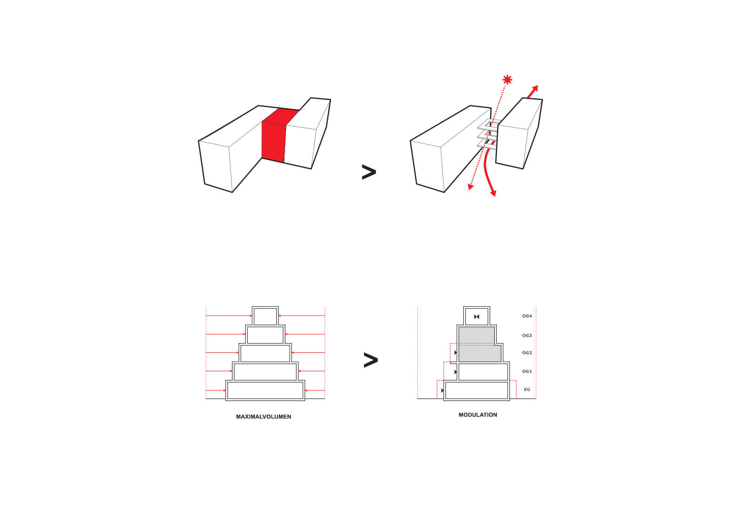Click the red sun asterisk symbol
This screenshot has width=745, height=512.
point(507,80)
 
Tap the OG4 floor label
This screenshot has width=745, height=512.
point(527,316)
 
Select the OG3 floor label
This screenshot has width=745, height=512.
point(527,336)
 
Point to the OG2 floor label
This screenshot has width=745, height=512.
point(527,353)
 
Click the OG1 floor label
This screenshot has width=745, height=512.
point(527,371)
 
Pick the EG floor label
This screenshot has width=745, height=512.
point(527,390)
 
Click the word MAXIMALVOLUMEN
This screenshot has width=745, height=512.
point(264,417)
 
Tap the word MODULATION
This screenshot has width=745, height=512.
point(478,415)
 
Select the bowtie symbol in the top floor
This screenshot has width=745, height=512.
point(477,317)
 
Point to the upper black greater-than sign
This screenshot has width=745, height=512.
point(369,172)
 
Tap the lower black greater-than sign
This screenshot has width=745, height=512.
point(371,360)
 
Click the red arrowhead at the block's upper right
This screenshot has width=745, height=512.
point(535,88)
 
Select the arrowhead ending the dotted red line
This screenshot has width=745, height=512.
point(470,187)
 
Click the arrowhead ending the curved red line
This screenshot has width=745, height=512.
point(494,193)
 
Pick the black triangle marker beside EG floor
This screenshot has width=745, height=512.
point(442,391)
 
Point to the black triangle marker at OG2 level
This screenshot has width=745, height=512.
point(456,353)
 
